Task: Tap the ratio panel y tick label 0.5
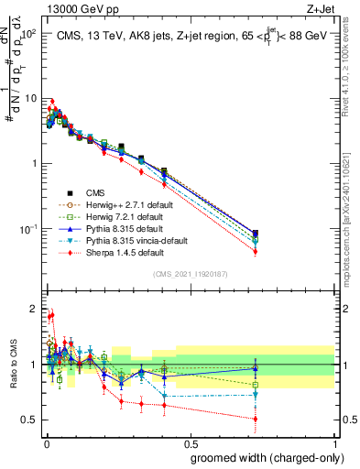28,420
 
